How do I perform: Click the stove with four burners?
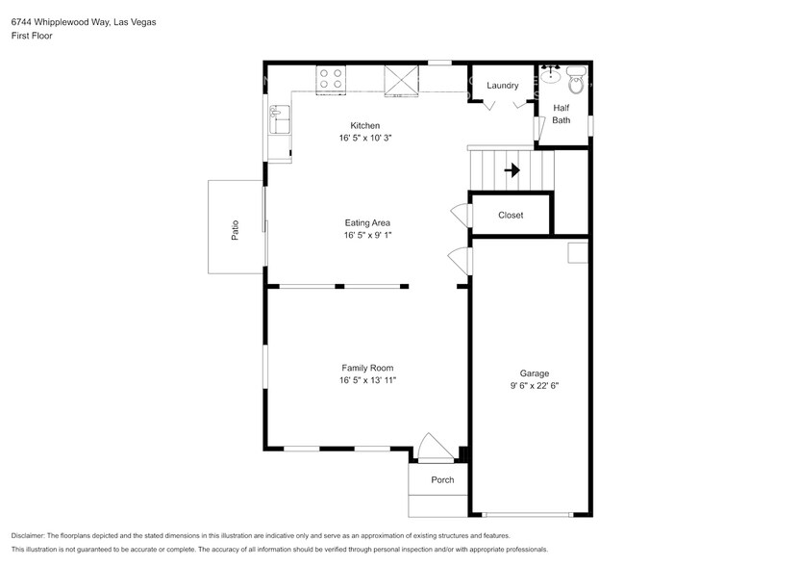(332, 78)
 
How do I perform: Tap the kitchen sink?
(280, 122)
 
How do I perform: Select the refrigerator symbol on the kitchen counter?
(402, 79)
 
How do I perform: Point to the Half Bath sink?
(552, 75)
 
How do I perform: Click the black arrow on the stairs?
(512, 170)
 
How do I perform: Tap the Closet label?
(511, 215)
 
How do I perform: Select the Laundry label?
(502, 86)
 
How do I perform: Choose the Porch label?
(441, 479)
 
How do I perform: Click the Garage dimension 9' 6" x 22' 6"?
(535, 386)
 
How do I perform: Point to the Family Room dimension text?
(367, 380)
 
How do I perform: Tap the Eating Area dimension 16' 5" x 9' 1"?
(367, 235)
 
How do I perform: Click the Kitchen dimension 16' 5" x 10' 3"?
(365, 138)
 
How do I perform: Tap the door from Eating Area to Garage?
(461, 259)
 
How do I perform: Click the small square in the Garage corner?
(578, 251)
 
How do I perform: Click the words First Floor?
(32, 36)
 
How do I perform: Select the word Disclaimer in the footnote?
(29, 535)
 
